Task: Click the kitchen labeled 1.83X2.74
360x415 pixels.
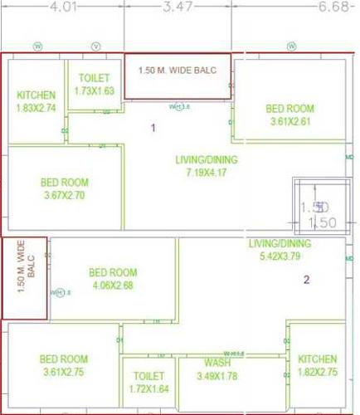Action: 36,101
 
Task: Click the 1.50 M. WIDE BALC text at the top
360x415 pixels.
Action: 178,70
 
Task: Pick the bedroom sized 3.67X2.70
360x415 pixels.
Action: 64,189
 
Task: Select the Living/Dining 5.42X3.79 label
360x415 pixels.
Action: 280,250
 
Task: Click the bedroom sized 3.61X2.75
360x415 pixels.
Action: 64,365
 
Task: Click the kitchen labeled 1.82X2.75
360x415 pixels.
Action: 317,365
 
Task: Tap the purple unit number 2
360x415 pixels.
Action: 306,280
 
